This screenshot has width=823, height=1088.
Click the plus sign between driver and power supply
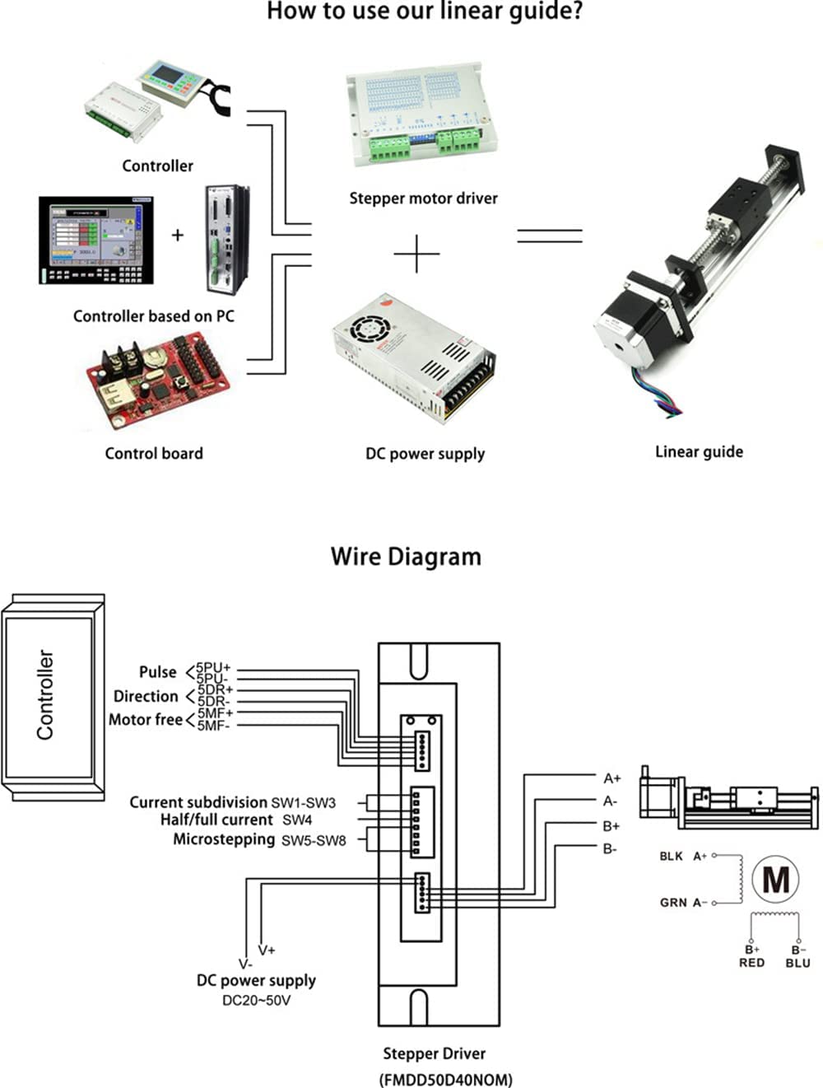pyautogui.click(x=416, y=254)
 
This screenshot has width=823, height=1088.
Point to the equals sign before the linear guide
pyautogui.click(x=549, y=236)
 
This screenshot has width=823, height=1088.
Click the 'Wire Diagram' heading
pyautogui.click(x=406, y=557)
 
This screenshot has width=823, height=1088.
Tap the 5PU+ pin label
pyautogui.click(x=214, y=668)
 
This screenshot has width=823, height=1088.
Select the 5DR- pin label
pyautogui.click(x=214, y=702)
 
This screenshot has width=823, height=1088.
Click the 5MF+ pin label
pyautogui.click(x=215, y=713)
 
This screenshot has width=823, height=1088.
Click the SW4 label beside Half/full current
pyautogui.click(x=297, y=820)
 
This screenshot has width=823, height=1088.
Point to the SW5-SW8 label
pyautogui.click(x=314, y=841)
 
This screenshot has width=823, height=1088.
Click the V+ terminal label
pyautogui.click(x=267, y=950)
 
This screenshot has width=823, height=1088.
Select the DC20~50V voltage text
pyautogui.click(x=256, y=1001)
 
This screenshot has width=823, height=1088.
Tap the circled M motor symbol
pyautogui.click(x=775, y=879)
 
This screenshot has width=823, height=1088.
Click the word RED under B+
pyautogui.click(x=751, y=963)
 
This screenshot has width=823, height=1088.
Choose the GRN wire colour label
pyautogui.click(x=672, y=903)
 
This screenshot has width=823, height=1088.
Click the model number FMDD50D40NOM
pyautogui.click(x=445, y=1079)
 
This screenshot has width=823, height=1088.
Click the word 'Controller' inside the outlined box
pyautogui.click(x=45, y=694)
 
